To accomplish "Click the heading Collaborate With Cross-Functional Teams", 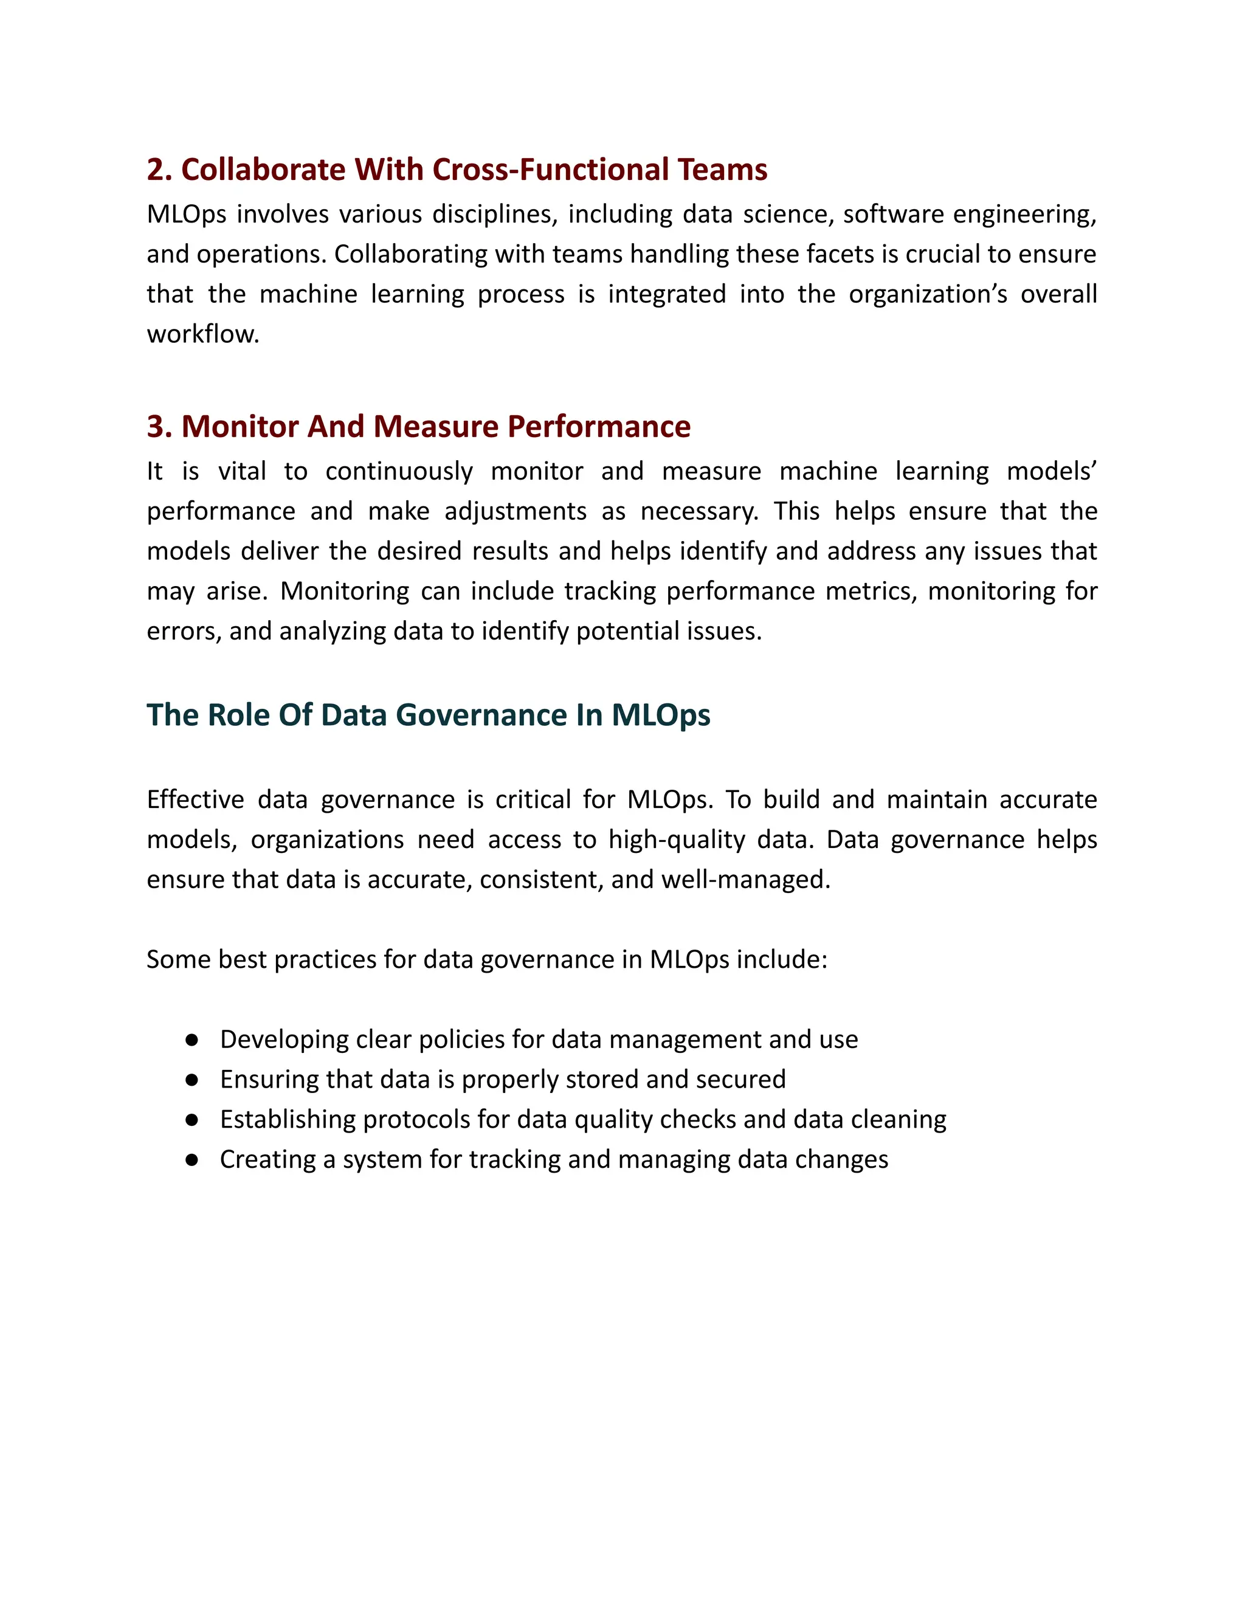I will (x=457, y=170).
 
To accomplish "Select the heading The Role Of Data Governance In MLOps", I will (x=428, y=716).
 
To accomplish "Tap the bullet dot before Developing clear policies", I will (x=191, y=1040).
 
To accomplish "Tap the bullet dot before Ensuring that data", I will (x=191, y=1080).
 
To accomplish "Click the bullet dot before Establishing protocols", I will (x=191, y=1120).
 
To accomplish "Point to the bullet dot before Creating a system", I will (x=191, y=1159).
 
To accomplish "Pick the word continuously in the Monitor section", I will (x=398, y=471).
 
